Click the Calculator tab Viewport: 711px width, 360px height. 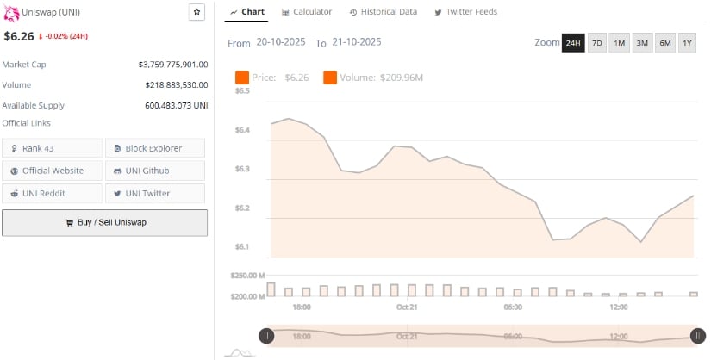point(307,12)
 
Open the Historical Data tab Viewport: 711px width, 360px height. point(383,12)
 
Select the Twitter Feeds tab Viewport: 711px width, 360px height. point(465,12)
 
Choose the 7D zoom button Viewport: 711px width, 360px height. point(596,43)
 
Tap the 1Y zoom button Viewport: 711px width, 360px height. point(687,43)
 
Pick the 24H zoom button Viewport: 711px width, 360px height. point(573,43)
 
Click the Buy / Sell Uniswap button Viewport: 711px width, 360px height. point(104,222)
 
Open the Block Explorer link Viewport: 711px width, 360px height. point(155,148)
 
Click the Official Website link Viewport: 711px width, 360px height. point(53,171)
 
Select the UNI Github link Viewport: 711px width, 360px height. point(155,171)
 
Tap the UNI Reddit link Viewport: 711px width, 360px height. point(53,193)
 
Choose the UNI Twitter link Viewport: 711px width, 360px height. point(155,193)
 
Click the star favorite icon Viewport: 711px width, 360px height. point(196,12)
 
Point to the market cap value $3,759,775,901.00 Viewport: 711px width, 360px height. point(172,65)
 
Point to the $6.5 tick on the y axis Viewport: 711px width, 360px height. point(242,90)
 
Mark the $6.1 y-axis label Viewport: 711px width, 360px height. point(242,247)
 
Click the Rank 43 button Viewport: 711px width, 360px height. point(53,148)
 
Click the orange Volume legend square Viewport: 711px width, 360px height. point(330,78)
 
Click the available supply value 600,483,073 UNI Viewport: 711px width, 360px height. point(176,105)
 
